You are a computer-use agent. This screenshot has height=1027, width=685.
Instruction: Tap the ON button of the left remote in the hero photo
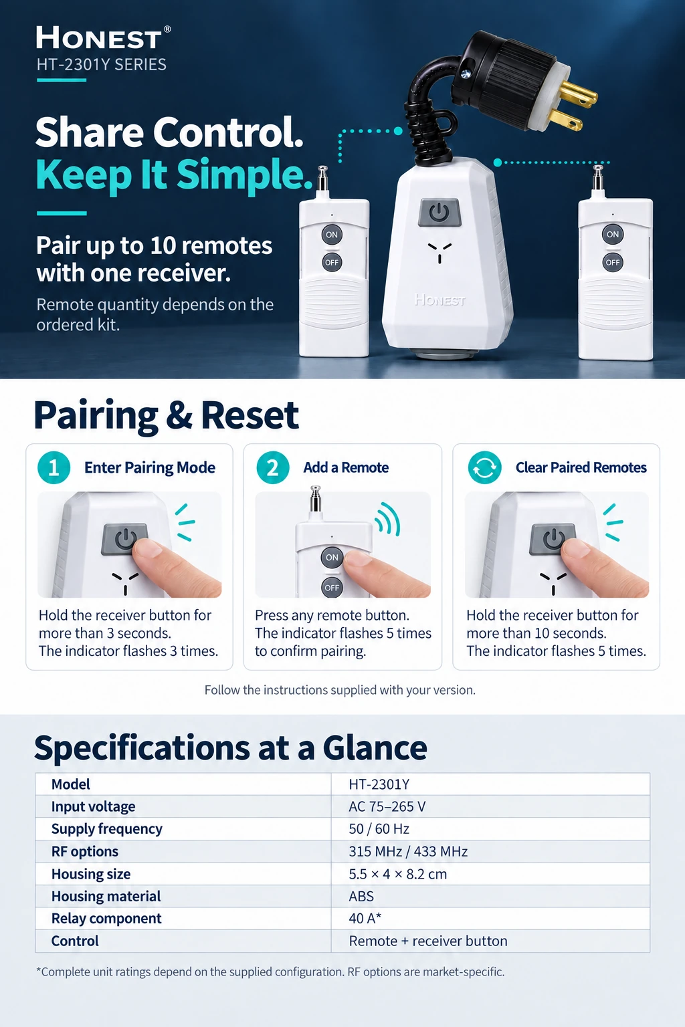(x=332, y=235)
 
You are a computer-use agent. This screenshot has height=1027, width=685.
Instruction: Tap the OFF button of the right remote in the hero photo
(x=613, y=262)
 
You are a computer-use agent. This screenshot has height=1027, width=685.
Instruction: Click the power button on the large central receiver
(x=439, y=212)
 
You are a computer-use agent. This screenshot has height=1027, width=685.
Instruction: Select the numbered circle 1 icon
(x=54, y=467)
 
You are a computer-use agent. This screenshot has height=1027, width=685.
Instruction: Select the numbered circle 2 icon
(x=272, y=467)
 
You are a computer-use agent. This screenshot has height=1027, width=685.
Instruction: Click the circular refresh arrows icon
(x=484, y=467)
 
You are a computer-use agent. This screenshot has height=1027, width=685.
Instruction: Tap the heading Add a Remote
(x=346, y=467)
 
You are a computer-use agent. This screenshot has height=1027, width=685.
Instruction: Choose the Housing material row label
(x=106, y=896)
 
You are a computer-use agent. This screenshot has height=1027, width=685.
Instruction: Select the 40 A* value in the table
(x=365, y=918)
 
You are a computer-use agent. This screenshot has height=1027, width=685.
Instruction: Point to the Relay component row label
(x=106, y=918)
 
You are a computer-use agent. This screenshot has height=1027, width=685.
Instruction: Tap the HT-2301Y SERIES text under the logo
(x=102, y=65)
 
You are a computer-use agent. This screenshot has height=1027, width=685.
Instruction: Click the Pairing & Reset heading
(x=166, y=415)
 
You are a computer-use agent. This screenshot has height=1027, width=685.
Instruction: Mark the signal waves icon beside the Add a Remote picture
(x=388, y=519)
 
